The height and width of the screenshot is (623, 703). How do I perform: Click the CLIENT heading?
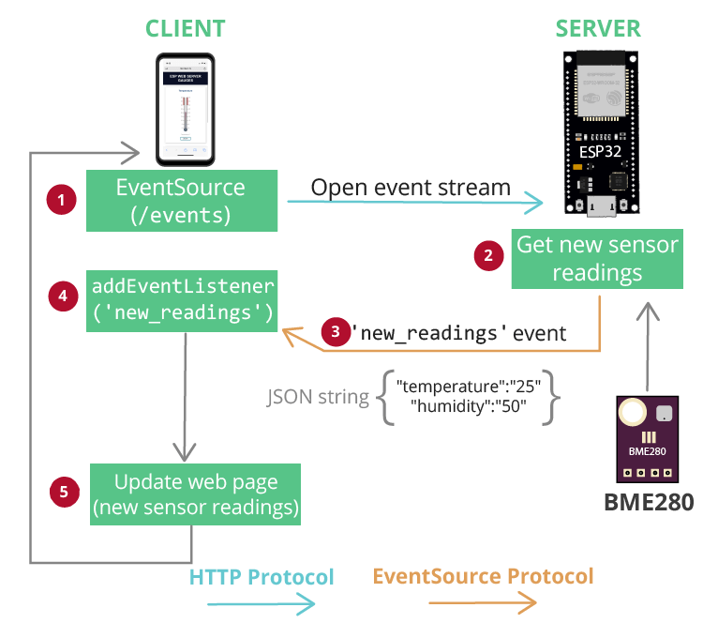185,27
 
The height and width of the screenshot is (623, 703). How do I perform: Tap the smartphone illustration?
185,107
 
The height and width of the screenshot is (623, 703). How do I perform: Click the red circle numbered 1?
62,200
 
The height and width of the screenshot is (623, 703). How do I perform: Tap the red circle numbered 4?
62,296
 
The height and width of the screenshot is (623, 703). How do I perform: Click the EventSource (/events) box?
182,201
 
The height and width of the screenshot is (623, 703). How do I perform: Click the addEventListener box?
182,297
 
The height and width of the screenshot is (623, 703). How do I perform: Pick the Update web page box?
195,494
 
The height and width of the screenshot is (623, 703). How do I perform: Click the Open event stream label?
411,187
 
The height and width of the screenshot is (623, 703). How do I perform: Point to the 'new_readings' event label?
457,333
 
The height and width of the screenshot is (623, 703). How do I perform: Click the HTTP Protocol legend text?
262,576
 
